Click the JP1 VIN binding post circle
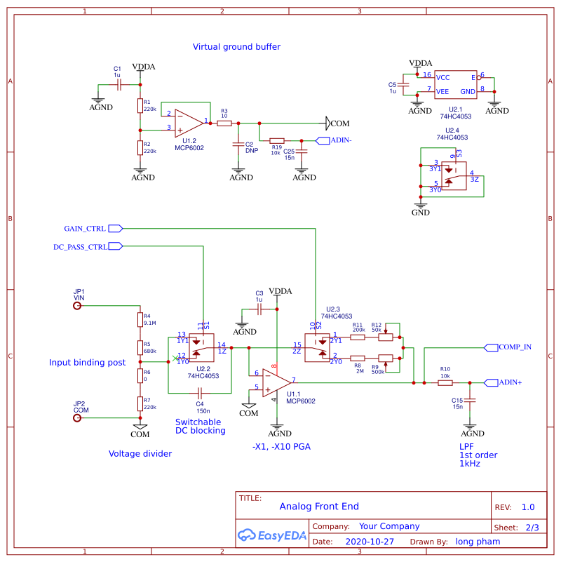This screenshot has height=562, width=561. pyautogui.click(x=77, y=306)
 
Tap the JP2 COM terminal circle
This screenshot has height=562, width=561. pyautogui.click(x=77, y=418)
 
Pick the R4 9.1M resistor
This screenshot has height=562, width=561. pyautogui.click(x=140, y=320)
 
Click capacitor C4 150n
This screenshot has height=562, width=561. pyautogui.click(x=200, y=392)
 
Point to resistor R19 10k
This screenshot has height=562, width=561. pyautogui.click(x=277, y=140)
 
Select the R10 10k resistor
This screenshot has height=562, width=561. pyautogui.click(x=445, y=382)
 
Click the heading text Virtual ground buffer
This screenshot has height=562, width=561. pyautogui.click(x=236, y=47)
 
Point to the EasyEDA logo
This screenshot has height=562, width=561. pyautogui.click(x=273, y=535)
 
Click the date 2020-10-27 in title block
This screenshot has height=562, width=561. pyautogui.click(x=370, y=542)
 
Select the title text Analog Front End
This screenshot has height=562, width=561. pyautogui.click(x=319, y=506)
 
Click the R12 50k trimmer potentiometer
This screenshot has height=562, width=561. pyautogui.click(x=385, y=337)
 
